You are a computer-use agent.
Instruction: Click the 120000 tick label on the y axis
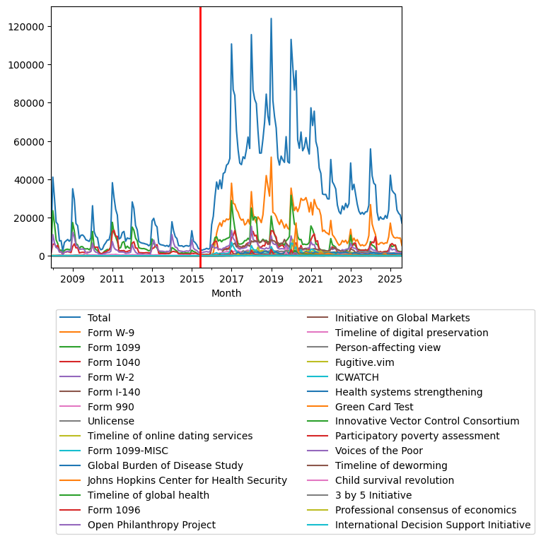[x=28, y=26]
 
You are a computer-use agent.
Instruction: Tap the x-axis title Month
[x=226, y=293]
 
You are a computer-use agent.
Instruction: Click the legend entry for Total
[x=99, y=318]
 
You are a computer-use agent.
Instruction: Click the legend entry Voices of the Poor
[x=379, y=451]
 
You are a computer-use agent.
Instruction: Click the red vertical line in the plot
[x=200, y=141]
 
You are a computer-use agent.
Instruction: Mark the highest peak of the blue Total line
[x=271, y=19]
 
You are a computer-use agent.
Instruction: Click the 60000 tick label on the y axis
[x=31, y=141]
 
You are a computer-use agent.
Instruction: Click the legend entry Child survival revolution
[x=395, y=480]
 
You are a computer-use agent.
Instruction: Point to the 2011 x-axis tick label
[x=112, y=280]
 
